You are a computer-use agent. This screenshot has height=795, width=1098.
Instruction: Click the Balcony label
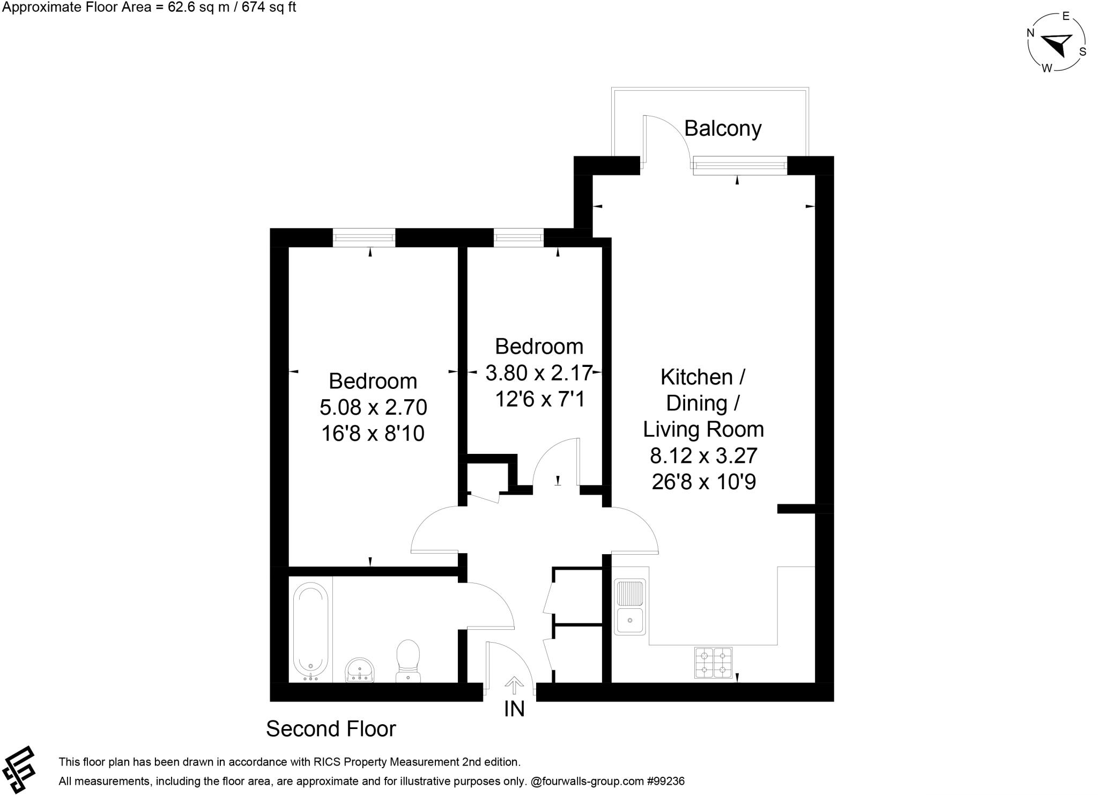pyautogui.click(x=723, y=129)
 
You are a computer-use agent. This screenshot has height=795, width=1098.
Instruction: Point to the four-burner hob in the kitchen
pyautogui.click(x=713, y=662)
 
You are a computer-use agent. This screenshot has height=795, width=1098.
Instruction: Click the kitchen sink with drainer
pyautogui.click(x=630, y=607)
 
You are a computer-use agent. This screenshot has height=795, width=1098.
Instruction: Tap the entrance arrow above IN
pyautogui.click(x=514, y=685)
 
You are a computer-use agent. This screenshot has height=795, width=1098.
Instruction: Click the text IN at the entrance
pyautogui.click(x=514, y=709)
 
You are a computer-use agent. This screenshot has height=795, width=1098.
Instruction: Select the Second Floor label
pyautogui.click(x=331, y=729)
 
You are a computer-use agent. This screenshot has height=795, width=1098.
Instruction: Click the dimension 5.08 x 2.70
pyautogui.click(x=373, y=408)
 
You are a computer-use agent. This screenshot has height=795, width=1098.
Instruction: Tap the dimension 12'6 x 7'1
pyautogui.click(x=539, y=399)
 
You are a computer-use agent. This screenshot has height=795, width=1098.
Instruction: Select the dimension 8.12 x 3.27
pyautogui.click(x=703, y=456)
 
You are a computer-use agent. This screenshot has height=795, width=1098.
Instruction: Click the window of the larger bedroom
pyautogui.click(x=364, y=238)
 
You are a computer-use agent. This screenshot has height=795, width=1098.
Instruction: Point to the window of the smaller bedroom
pyautogui.click(x=518, y=238)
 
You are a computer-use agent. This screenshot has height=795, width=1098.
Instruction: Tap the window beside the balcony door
pyautogui.click(x=740, y=165)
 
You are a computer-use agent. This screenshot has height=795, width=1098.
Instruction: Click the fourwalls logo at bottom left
pyautogui.click(x=19, y=769)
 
